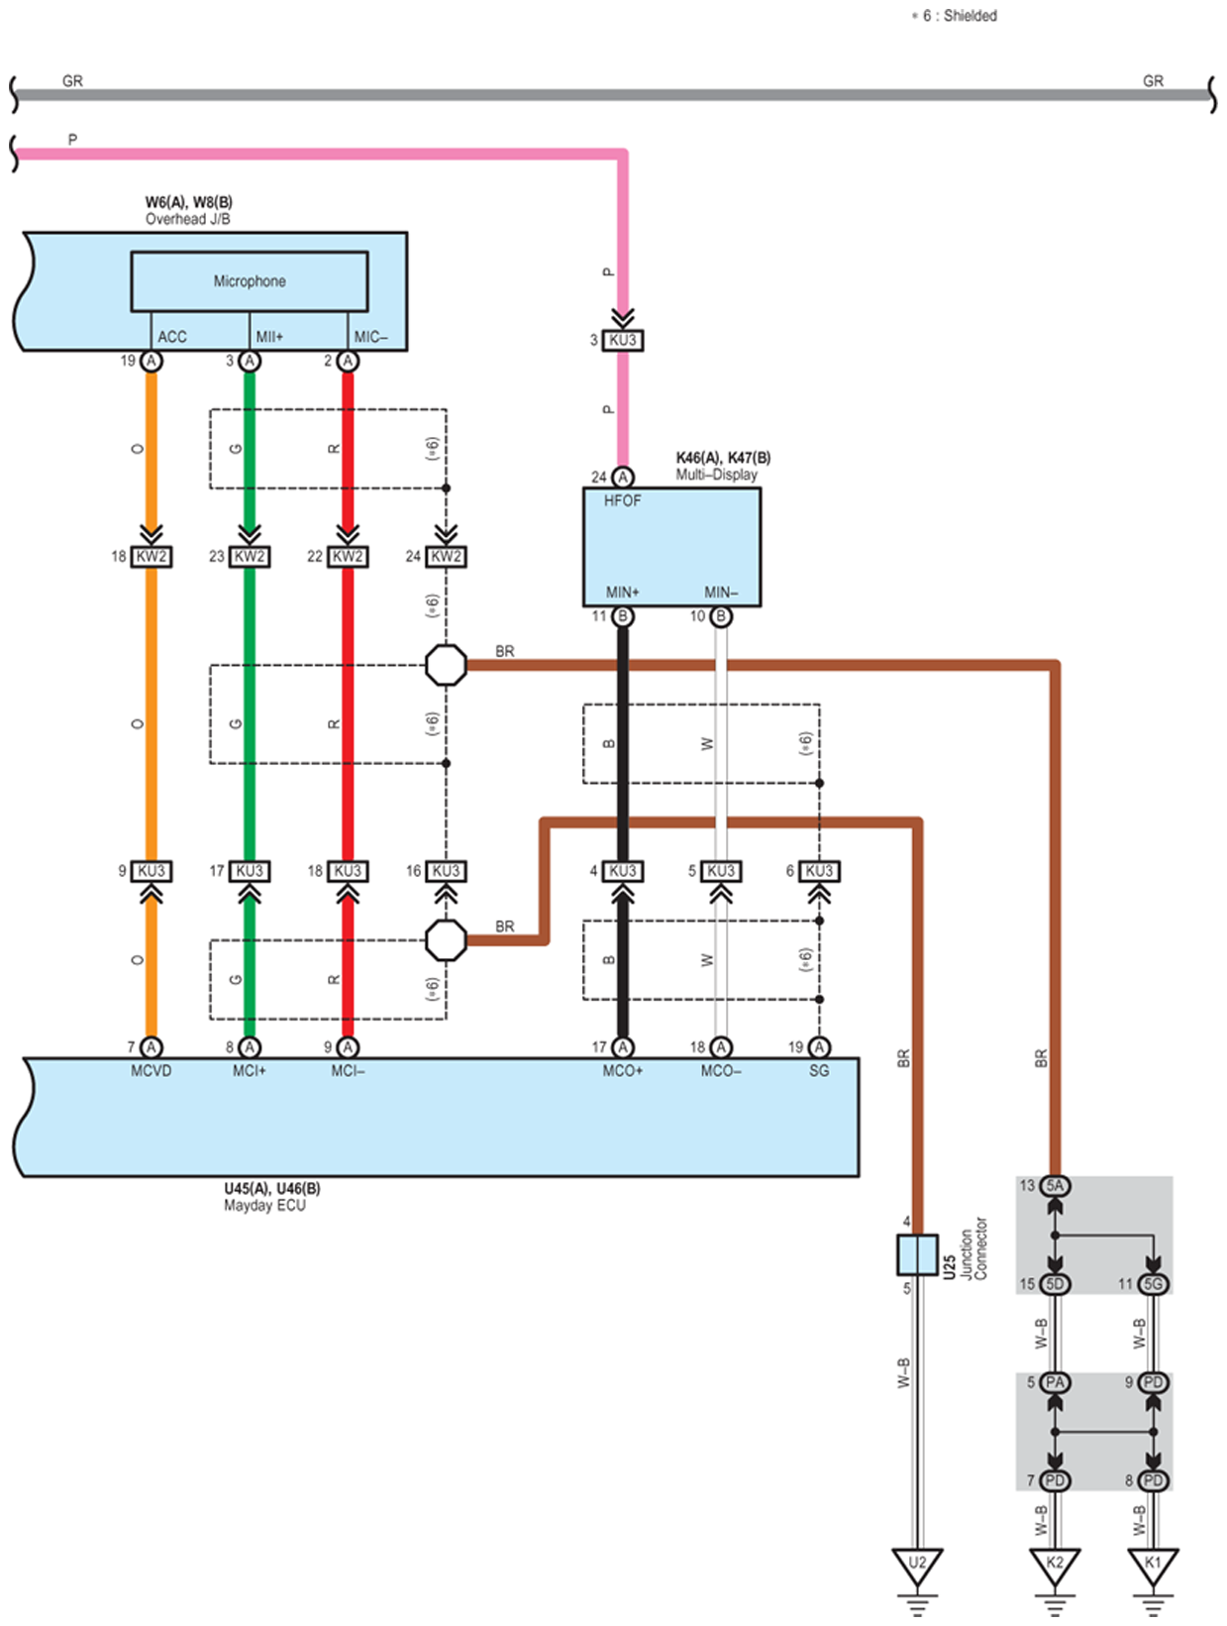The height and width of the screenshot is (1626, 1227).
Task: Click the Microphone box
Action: pyautogui.click(x=250, y=281)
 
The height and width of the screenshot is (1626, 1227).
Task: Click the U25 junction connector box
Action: pyautogui.click(x=917, y=1254)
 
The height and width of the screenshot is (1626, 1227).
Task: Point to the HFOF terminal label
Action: pyautogui.click(x=622, y=500)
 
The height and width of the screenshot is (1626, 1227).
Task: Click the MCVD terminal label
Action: pyautogui.click(x=151, y=1070)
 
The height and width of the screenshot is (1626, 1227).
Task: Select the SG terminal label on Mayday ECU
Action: pyautogui.click(x=818, y=1070)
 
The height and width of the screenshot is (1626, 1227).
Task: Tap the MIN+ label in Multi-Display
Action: pyautogui.click(x=622, y=593)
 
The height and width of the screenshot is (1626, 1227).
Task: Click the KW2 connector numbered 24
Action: pyautogui.click(x=446, y=556)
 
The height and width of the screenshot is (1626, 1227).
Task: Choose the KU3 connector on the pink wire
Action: pyautogui.click(x=622, y=340)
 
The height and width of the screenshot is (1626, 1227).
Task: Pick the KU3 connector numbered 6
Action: pyautogui.click(x=818, y=870)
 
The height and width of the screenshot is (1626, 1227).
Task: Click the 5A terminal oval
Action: pyautogui.click(x=1055, y=1186)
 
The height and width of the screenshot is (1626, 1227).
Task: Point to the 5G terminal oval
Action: pyautogui.click(x=1153, y=1284)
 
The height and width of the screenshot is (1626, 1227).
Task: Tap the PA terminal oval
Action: pyautogui.click(x=1055, y=1382)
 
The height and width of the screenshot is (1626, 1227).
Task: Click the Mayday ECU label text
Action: pyautogui.click(x=264, y=1206)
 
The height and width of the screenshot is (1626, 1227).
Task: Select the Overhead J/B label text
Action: pyautogui.click(x=187, y=219)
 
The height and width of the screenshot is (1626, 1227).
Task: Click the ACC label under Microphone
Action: pyautogui.click(x=171, y=337)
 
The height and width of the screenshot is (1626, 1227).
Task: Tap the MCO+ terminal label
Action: pyautogui.click(x=622, y=1070)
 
